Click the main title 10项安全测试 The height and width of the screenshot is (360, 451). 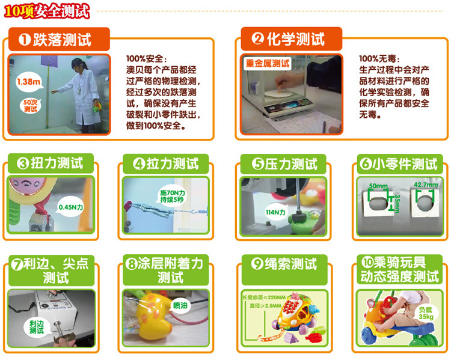pos(47,11)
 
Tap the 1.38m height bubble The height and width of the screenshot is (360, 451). pos(28,82)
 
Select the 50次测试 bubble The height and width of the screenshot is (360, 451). pos(31,106)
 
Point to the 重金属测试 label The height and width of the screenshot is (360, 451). pos(268,63)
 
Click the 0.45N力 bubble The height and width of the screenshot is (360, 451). pos(71,207)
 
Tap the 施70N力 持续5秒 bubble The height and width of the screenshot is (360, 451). pos(173,196)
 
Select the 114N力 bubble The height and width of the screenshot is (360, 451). pos(275,212)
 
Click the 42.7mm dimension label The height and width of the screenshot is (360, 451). pos(426,185)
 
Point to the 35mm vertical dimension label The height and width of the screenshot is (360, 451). pos(397,203)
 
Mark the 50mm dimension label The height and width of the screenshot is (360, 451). pos(378,186)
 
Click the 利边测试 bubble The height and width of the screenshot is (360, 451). pos(37,327)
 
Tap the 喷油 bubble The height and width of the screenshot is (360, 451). pos(180,305)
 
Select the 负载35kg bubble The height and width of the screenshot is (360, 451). pos(426,313)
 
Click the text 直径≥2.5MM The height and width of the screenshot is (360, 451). pos(265,306)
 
